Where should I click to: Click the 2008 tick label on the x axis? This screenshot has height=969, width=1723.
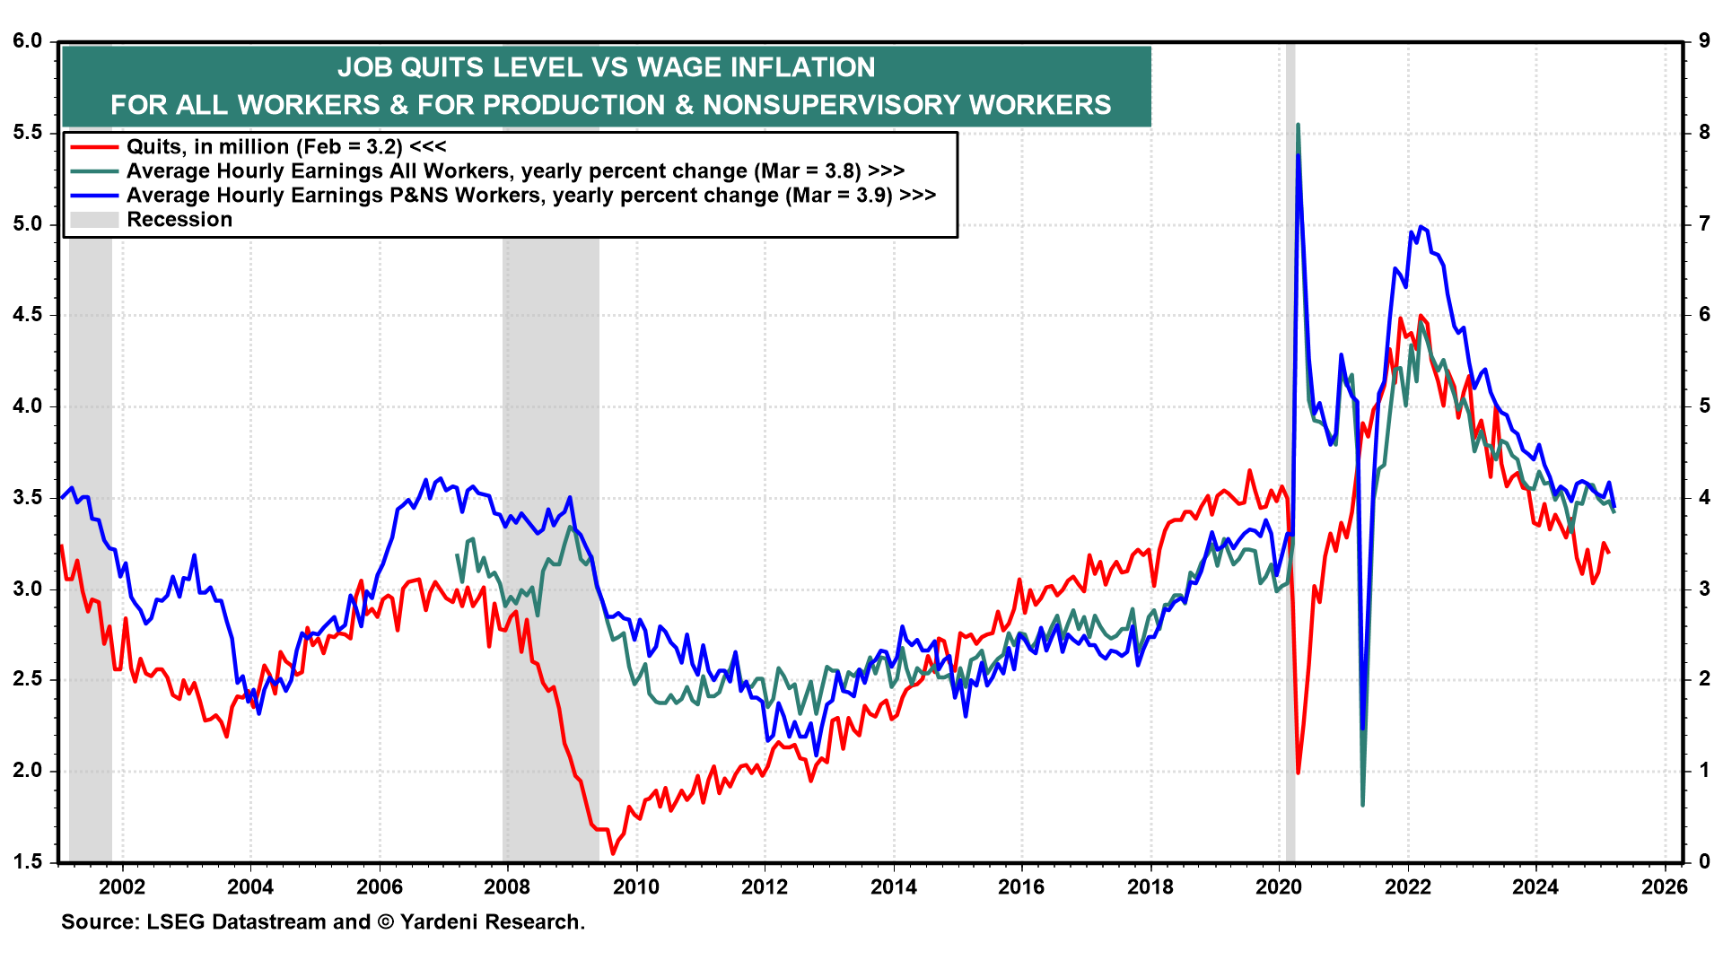pos(507,887)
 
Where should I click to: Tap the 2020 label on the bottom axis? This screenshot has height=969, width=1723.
pos(1279,887)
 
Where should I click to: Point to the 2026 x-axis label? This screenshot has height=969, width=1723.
pos(1665,887)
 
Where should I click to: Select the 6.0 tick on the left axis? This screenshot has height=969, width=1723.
pos(28,41)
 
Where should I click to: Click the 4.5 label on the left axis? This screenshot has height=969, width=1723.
pos(28,315)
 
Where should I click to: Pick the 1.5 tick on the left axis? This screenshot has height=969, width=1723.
pos(28,862)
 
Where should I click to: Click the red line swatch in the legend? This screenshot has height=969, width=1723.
pos(94,147)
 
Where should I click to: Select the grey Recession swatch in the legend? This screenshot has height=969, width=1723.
pos(94,220)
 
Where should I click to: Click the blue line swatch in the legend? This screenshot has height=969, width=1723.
pos(94,196)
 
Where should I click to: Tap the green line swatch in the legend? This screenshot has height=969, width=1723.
pos(94,171)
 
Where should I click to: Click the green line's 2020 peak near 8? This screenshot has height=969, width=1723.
pos(1299,126)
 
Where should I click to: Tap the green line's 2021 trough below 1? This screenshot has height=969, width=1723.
pos(1362,804)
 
